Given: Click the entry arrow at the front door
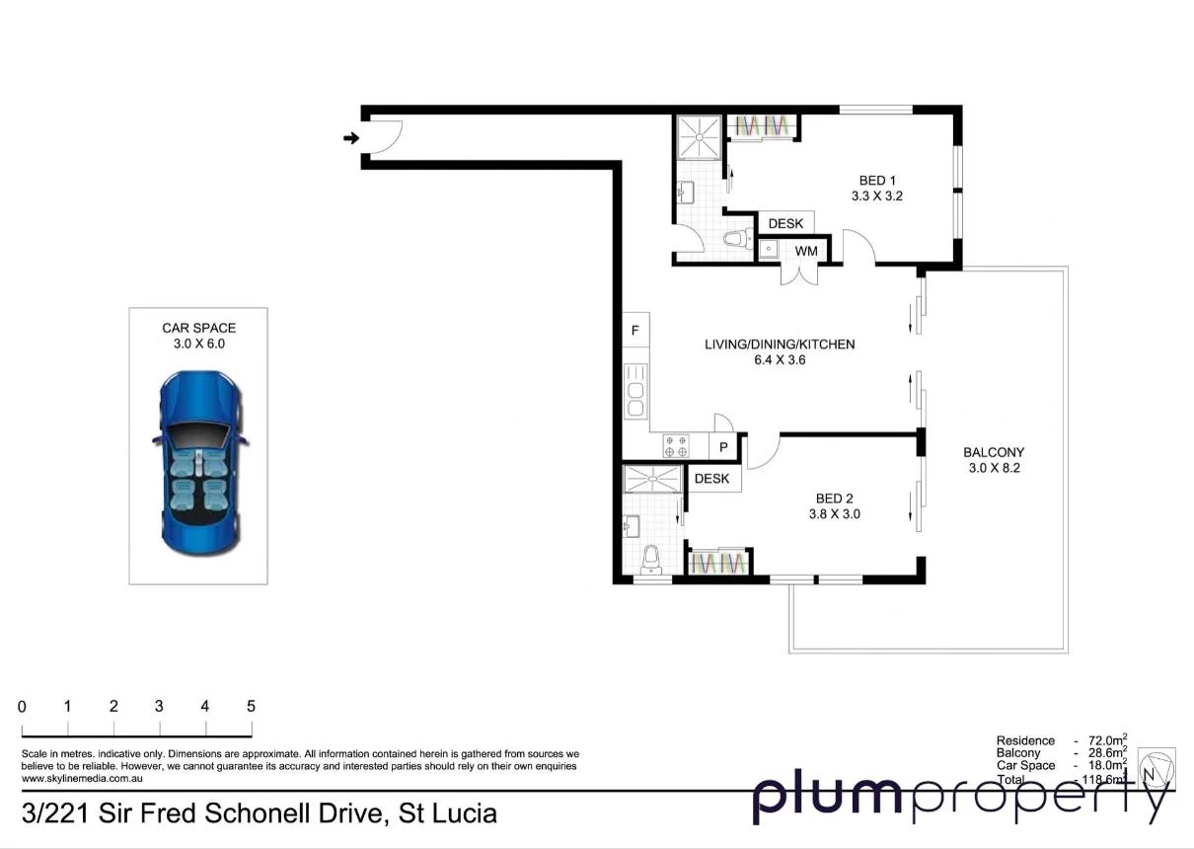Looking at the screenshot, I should (x=350, y=138).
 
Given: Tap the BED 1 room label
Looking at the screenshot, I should (x=877, y=181).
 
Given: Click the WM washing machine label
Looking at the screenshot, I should (x=806, y=251).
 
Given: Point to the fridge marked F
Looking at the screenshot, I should (x=635, y=331).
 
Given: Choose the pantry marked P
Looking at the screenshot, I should (x=723, y=447).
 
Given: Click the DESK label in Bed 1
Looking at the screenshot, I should (x=785, y=224).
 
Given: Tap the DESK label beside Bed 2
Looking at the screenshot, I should (x=711, y=479).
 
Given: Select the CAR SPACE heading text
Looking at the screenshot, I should (x=198, y=328).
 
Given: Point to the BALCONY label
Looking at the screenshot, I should (x=994, y=452).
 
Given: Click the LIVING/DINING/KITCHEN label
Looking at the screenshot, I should (x=779, y=345).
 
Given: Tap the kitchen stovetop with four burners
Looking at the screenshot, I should (x=676, y=446).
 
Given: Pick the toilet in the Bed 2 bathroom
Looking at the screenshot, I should (x=648, y=561).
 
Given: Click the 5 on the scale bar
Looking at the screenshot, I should (x=251, y=707).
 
